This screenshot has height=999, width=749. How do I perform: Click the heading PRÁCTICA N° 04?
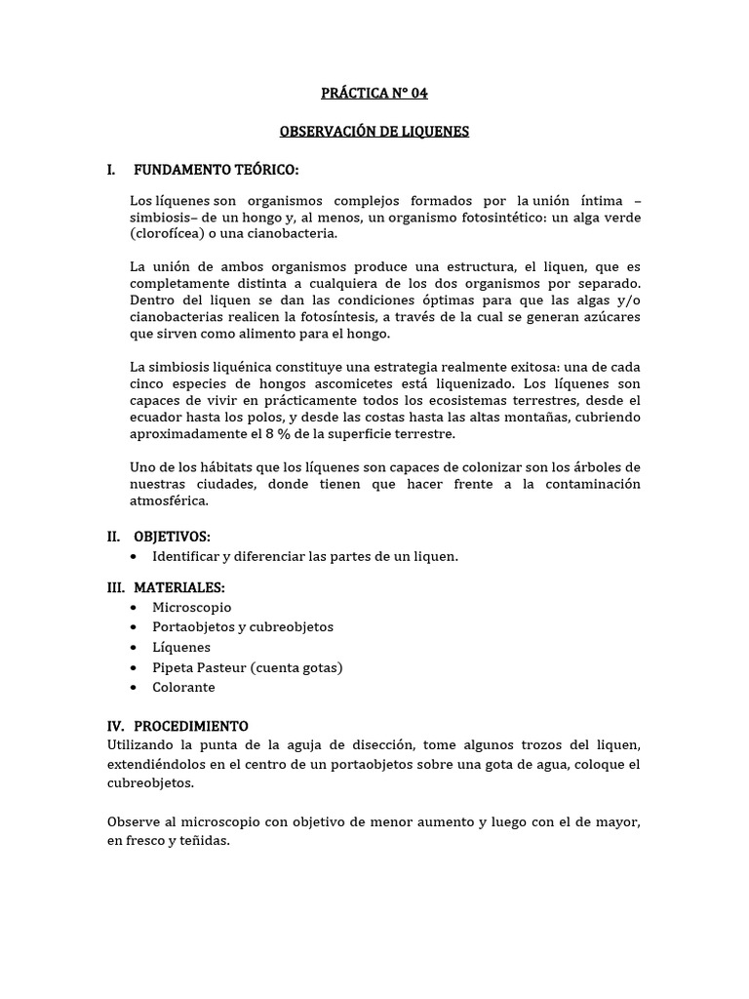(x=374, y=94)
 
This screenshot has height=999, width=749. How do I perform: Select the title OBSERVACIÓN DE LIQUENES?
(x=374, y=132)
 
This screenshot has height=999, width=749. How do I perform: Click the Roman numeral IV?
(x=117, y=726)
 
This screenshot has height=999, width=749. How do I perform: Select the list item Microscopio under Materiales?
(x=192, y=607)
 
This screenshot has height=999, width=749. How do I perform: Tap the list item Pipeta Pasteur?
(x=247, y=667)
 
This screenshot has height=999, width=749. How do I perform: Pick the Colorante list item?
(x=183, y=687)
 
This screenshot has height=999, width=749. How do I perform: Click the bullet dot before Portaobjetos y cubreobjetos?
(x=133, y=627)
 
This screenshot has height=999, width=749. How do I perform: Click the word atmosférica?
(x=169, y=501)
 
